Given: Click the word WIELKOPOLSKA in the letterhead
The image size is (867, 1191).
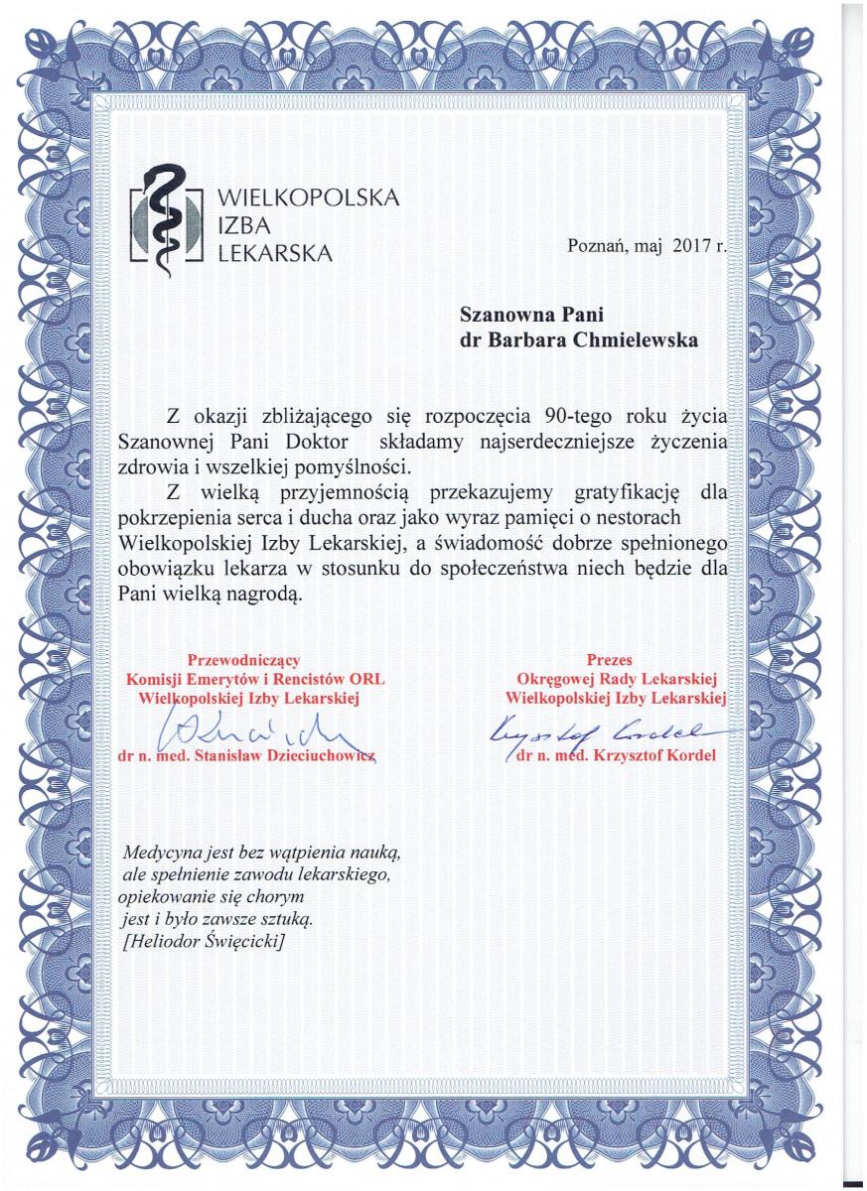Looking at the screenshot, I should pos(308,198).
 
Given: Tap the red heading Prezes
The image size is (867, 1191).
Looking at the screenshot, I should pos(609,659).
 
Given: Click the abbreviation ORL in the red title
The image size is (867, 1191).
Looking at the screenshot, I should pos(364,678).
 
